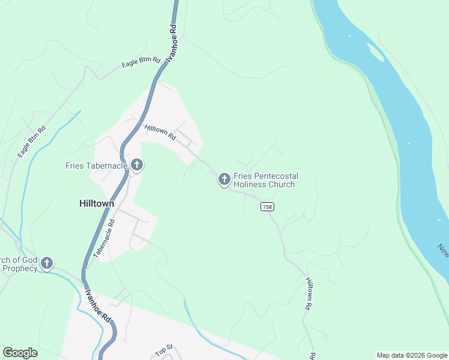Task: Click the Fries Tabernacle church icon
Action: (x=136, y=164)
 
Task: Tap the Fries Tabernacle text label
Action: (x=96, y=165)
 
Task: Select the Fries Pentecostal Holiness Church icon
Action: (x=224, y=179)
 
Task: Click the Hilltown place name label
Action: (x=97, y=203)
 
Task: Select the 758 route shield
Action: (x=268, y=206)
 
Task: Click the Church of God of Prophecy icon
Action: (x=46, y=263)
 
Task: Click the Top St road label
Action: (x=164, y=349)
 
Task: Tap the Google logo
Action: (x=20, y=353)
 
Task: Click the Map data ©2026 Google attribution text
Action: (x=412, y=355)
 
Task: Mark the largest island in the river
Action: (x=376, y=53)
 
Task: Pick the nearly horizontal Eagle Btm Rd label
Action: (x=141, y=62)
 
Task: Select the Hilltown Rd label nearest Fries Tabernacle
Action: (x=160, y=132)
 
